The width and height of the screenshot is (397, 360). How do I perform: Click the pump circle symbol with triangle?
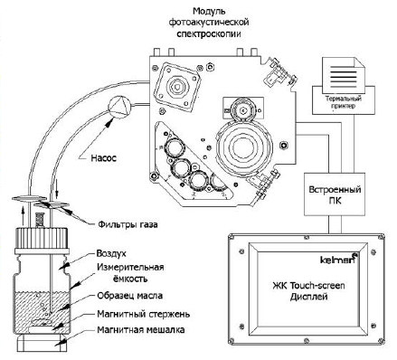(119, 106)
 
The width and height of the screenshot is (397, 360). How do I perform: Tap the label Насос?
(103, 157)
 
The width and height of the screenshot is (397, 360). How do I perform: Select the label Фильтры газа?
(128, 224)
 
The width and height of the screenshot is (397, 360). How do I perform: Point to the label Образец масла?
(129, 296)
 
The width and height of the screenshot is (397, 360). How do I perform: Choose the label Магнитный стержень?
(144, 314)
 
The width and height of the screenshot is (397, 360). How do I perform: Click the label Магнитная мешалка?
(141, 330)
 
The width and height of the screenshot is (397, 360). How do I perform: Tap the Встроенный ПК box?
(335, 194)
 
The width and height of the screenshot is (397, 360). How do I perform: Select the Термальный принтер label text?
(344, 102)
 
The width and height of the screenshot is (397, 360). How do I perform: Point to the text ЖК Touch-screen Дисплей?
(308, 291)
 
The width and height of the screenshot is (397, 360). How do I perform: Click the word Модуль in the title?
(209, 12)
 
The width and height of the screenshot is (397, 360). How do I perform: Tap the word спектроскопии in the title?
(209, 33)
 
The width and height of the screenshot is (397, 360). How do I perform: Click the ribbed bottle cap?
(42, 237)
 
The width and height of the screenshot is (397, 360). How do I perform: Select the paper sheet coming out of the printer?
(344, 75)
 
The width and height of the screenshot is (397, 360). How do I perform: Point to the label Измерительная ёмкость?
(130, 273)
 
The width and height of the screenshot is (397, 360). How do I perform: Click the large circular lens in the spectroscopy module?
(243, 147)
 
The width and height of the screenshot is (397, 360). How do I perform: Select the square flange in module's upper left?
(177, 87)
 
